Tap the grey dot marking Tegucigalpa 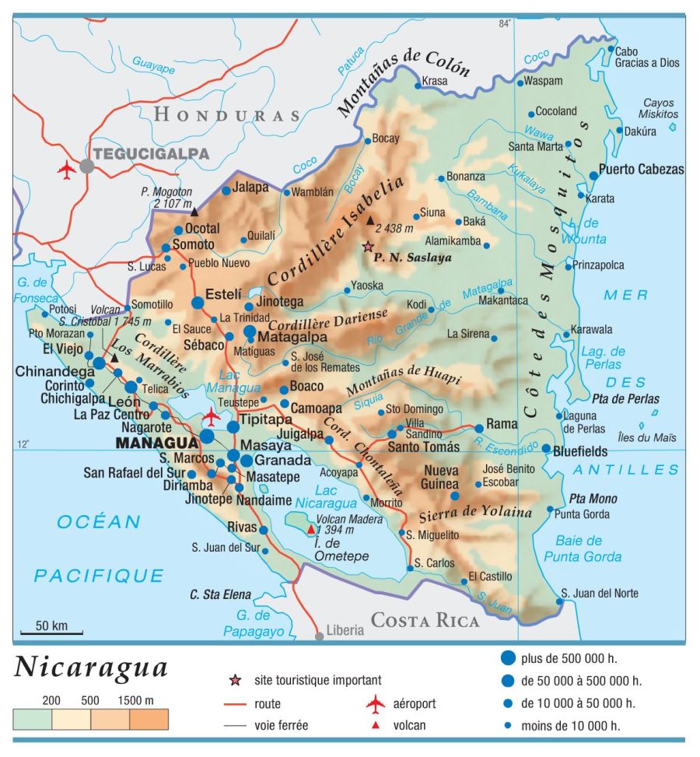[87, 166]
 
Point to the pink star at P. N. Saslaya [367, 247]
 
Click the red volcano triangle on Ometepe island [311, 529]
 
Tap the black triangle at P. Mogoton [194, 211]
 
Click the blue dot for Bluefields [547, 450]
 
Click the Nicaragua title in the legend [91, 668]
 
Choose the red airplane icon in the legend [376, 704]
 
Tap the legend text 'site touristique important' [317, 681]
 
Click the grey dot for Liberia [319, 636]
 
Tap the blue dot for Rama [477, 426]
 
